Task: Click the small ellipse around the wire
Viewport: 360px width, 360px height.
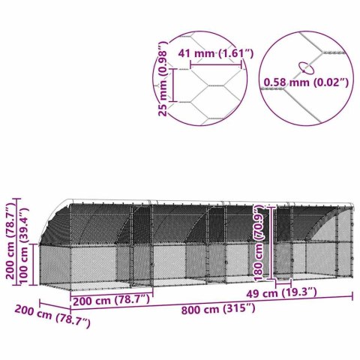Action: [304, 65]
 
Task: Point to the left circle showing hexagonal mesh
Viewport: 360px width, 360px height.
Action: [206, 75]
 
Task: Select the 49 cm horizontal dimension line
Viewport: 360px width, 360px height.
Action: [283, 285]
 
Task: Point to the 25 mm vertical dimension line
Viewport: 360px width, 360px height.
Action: [175, 85]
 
